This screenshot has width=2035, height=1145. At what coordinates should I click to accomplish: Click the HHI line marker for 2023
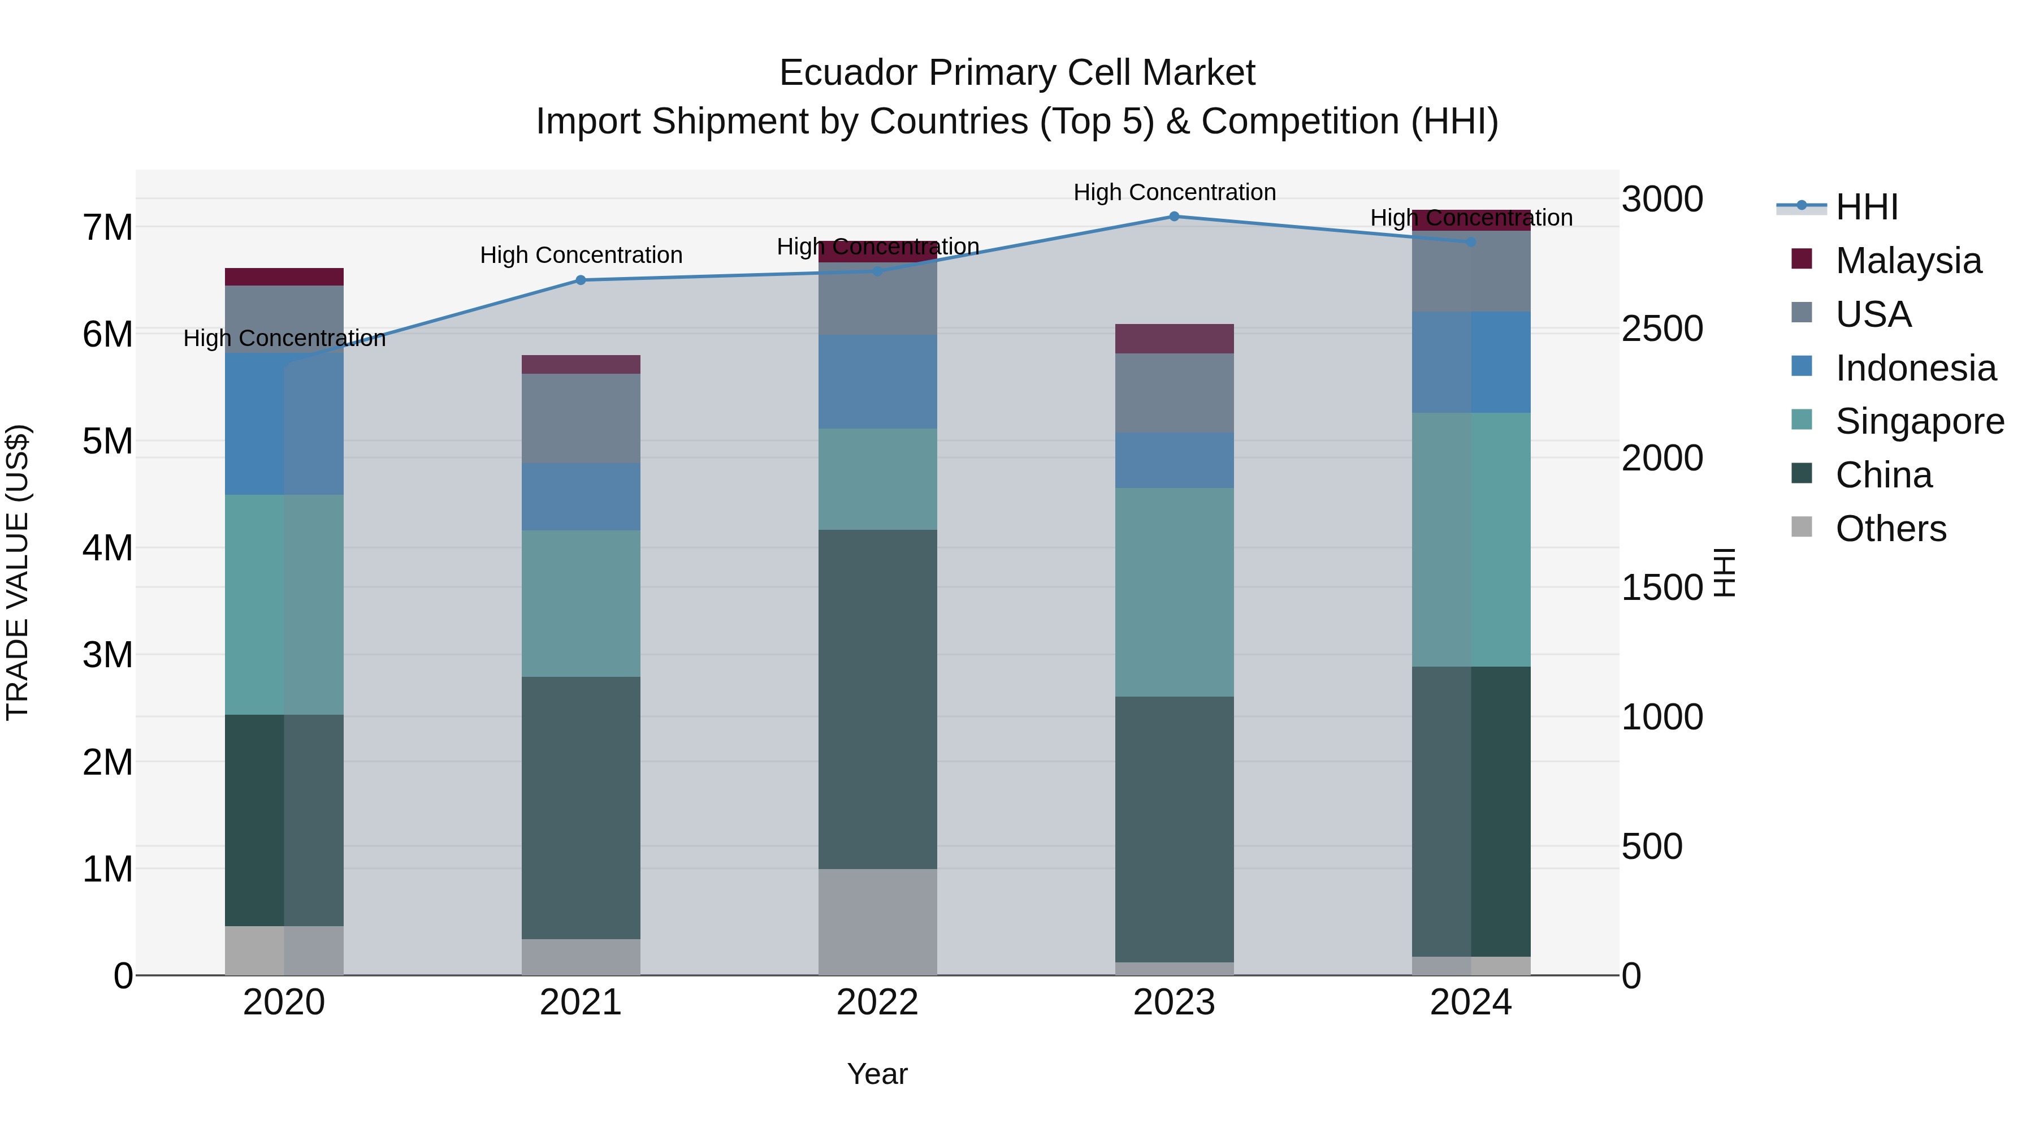click(x=1174, y=217)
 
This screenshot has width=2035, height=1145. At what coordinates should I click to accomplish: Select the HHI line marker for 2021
click(x=581, y=280)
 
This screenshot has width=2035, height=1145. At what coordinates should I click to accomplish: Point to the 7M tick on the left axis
click(x=107, y=227)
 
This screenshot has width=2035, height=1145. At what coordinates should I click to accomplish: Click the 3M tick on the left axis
click(x=107, y=655)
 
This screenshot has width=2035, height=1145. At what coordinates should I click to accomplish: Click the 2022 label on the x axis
click(x=877, y=1003)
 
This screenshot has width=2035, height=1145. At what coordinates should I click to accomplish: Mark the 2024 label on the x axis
click(x=1470, y=1003)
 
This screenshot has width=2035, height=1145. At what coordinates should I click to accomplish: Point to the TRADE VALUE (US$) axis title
click(x=18, y=572)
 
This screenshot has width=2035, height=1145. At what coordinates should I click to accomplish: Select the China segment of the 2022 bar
click(x=877, y=699)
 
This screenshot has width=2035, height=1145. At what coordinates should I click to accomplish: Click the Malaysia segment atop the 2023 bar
click(x=1174, y=338)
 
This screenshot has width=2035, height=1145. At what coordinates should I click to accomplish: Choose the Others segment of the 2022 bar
click(x=877, y=922)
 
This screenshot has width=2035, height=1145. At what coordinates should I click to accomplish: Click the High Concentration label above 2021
click(x=581, y=255)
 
